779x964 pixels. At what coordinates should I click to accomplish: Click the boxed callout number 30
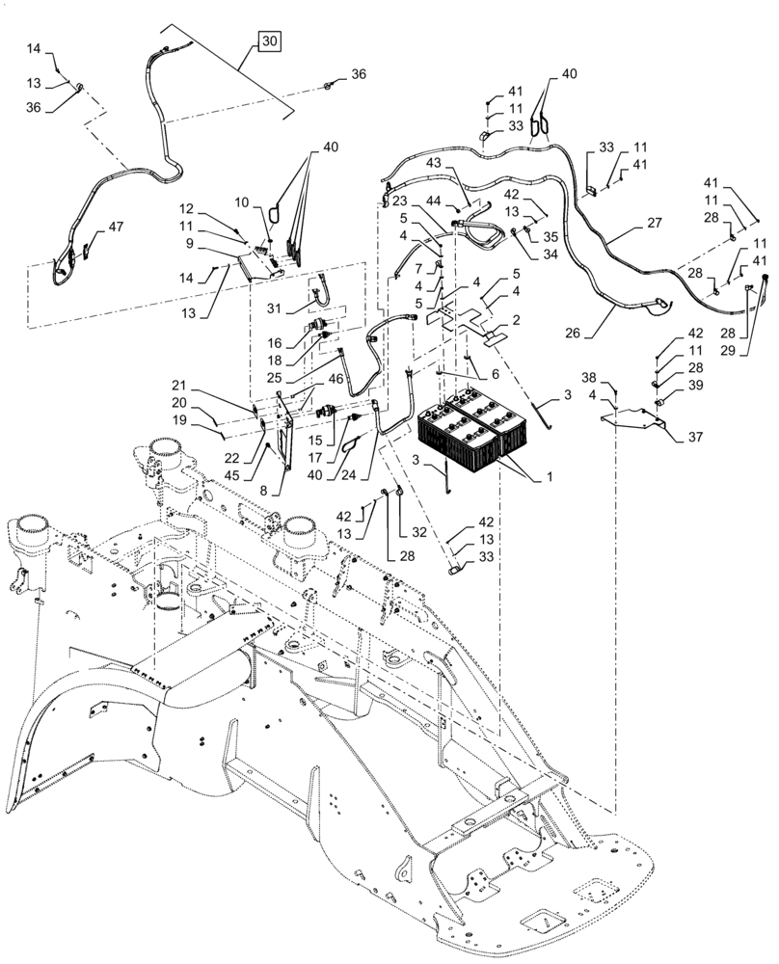(x=270, y=41)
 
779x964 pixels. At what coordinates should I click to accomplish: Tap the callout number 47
(x=115, y=227)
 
